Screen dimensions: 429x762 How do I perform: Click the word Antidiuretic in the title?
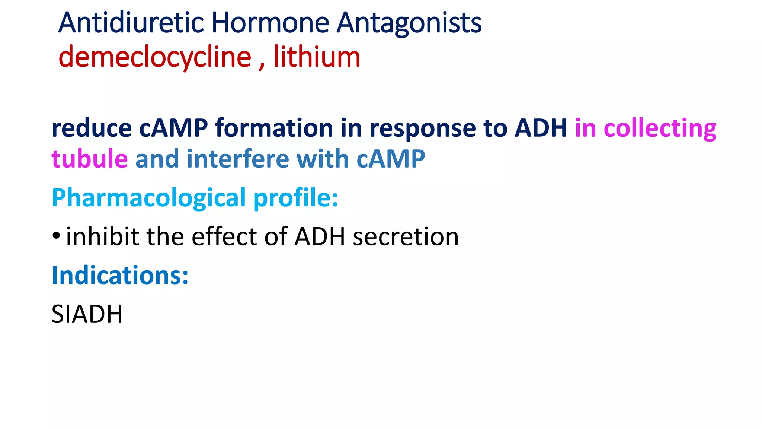coord(131,23)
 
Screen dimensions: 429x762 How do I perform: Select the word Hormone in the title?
coord(270,23)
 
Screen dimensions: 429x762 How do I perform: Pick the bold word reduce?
coord(92,128)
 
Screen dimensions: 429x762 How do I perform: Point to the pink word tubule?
coord(90,159)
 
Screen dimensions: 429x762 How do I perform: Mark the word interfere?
coord(238,159)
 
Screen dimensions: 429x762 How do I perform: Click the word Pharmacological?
coord(149,198)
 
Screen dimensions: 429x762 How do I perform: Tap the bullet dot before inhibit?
coord(56,236)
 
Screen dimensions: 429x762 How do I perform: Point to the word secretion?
coord(406,237)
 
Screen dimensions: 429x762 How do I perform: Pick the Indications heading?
coord(120,276)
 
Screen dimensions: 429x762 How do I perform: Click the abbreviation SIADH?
coord(87,314)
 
